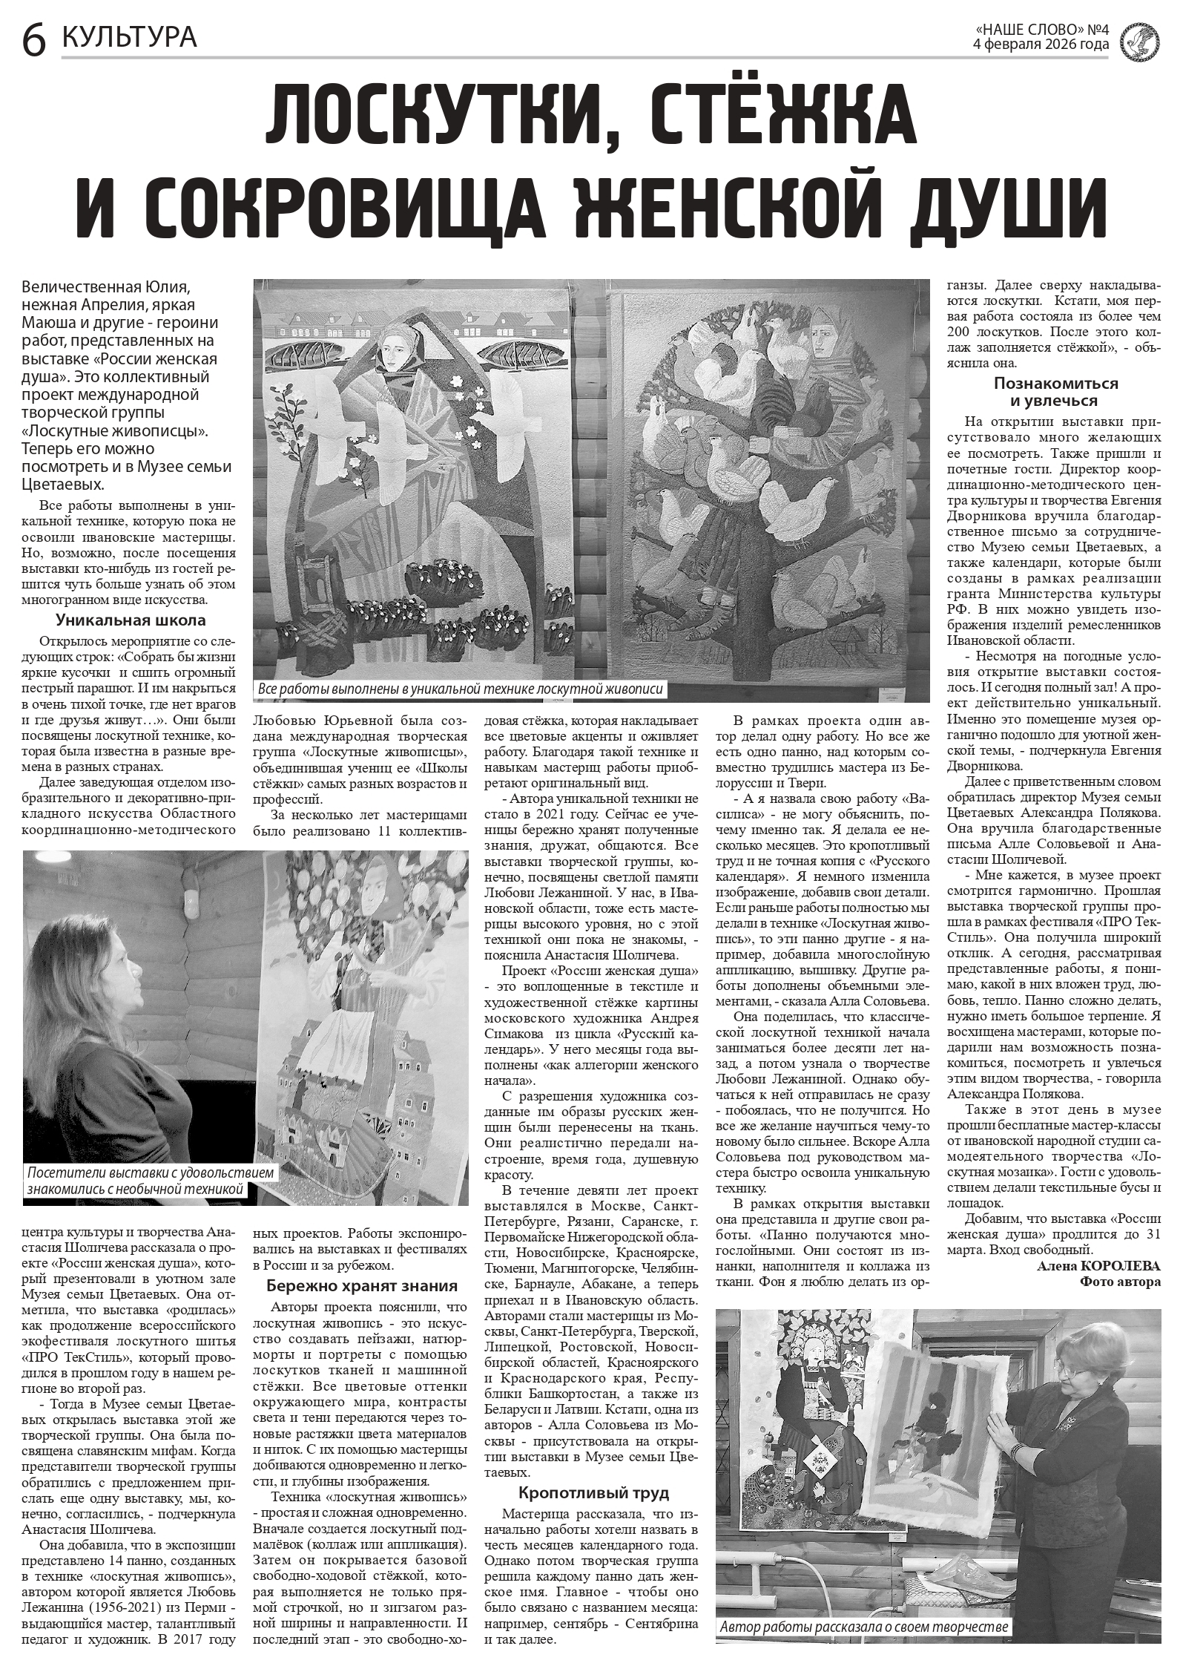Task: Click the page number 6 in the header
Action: point(33,39)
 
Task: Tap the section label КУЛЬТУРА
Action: point(130,36)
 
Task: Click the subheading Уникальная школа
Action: point(131,620)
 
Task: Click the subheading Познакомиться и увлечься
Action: point(1055,392)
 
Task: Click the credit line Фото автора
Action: point(1120,1282)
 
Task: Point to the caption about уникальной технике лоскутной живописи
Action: point(460,689)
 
